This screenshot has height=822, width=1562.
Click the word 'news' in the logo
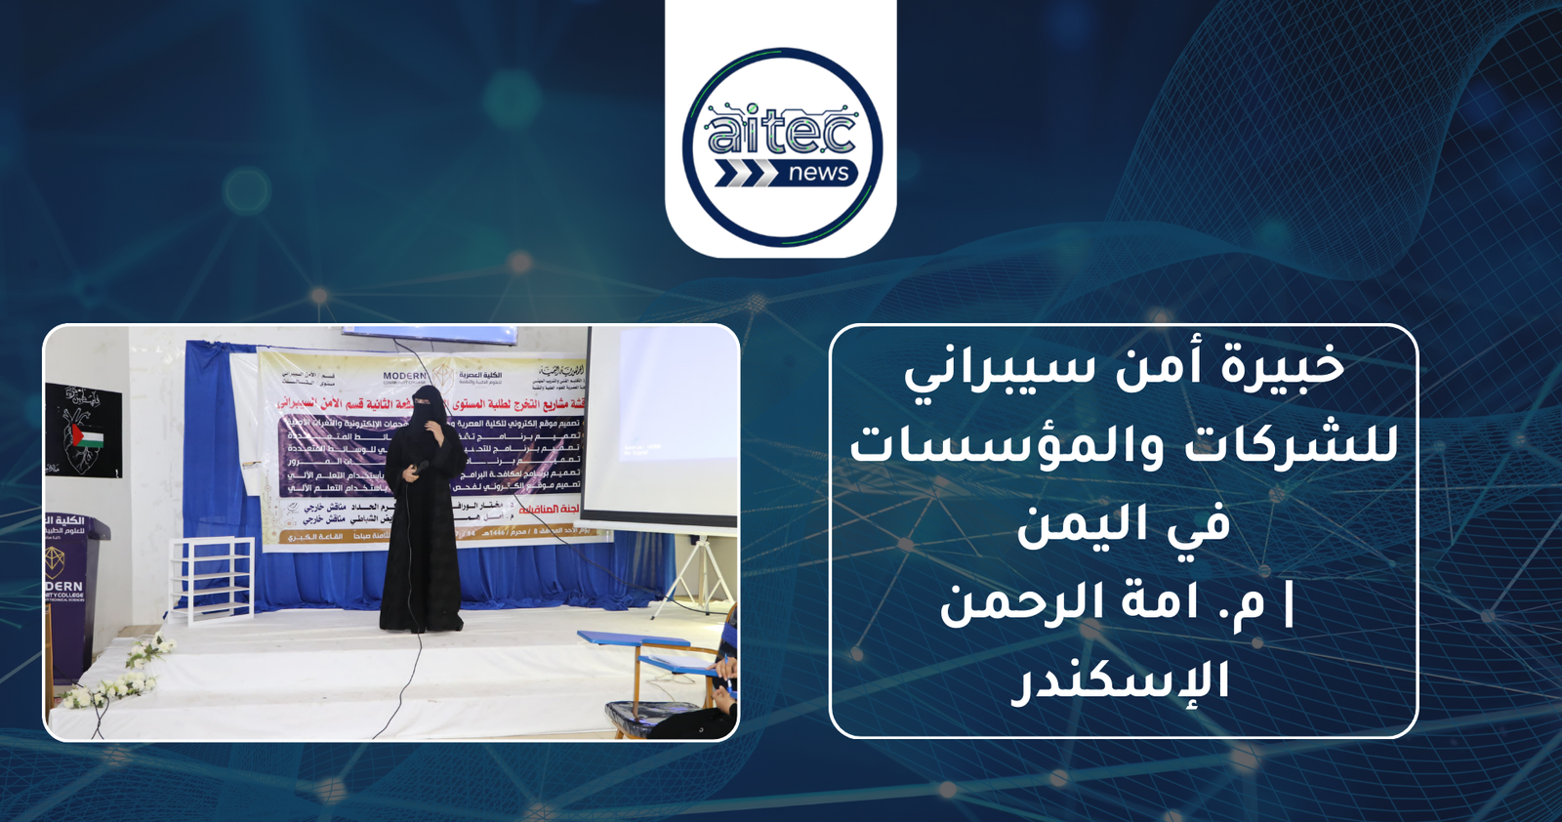click(818, 174)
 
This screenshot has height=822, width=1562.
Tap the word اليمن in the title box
click(1073, 525)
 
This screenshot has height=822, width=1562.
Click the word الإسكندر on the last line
click(1120, 681)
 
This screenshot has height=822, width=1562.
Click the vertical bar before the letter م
click(1290, 602)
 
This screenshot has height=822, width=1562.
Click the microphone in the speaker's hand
click(421, 468)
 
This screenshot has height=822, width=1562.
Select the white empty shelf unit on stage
click(211, 577)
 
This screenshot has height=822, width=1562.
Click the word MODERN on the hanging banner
click(404, 376)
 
